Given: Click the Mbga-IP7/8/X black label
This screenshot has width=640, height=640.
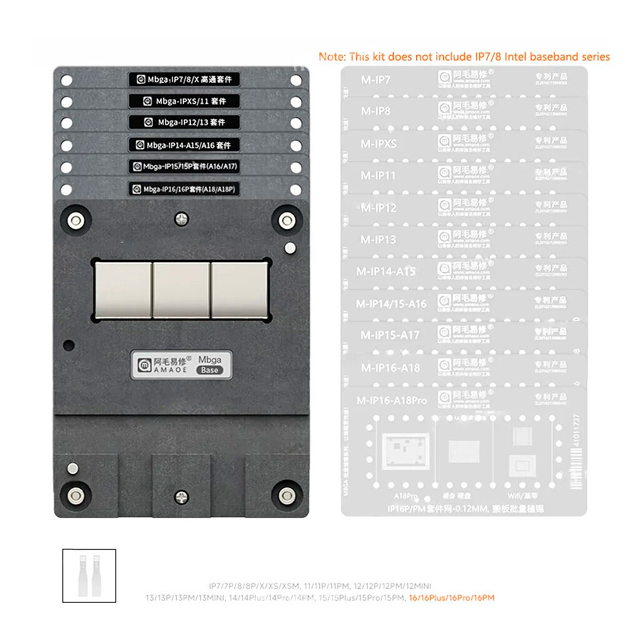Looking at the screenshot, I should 184,80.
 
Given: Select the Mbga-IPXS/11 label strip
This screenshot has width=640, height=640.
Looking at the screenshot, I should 184,101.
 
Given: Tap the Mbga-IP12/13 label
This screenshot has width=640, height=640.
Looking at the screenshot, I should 184,122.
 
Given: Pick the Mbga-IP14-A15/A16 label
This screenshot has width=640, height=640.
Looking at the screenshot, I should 184,145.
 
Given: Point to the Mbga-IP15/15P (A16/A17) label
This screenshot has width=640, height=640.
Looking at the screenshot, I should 184,167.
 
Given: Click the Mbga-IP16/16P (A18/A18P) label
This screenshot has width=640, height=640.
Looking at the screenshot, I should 184,189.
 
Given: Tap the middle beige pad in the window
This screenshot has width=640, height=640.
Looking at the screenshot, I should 181,289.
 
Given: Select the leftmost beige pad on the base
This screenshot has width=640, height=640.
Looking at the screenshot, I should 123,289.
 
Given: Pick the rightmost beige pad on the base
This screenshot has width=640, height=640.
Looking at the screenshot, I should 239,289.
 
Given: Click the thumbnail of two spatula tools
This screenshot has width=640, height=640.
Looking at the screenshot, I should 89,576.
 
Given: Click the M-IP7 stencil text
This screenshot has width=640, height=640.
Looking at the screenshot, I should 376,79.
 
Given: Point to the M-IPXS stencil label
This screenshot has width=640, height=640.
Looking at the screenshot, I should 379,144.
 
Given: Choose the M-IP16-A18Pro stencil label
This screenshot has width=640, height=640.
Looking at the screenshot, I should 392,400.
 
